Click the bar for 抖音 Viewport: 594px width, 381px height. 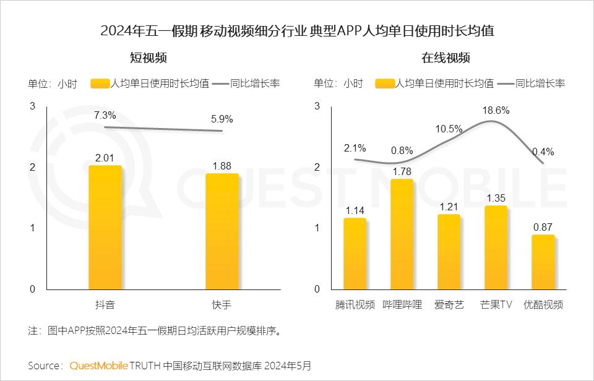[105, 228]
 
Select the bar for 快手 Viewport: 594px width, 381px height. [222, 231]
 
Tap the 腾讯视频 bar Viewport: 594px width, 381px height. [355, 254]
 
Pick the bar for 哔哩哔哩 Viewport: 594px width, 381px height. [402, 234]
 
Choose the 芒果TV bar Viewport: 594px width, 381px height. [496, 247]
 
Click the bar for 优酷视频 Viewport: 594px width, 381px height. [543, 262]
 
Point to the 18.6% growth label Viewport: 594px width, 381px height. [496, 111]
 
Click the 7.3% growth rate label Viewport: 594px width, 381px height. [105, 115]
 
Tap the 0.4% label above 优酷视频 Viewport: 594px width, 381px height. [543, 152]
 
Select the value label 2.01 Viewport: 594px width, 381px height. [105, 158]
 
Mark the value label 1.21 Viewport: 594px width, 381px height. [449, 206]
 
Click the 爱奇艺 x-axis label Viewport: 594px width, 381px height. [449, 304]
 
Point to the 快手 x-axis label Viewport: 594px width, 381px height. [222, 304]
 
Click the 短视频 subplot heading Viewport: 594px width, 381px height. [148, 58]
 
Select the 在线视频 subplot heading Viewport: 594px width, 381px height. [445, 58]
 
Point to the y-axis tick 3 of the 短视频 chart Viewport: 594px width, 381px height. [32, 106]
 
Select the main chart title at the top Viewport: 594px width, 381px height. [297, 31]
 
